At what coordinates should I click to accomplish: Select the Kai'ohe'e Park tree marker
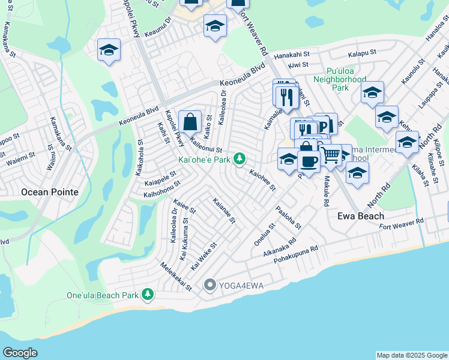[x=240, y=159]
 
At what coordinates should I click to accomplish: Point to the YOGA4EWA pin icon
[x=209, y=284]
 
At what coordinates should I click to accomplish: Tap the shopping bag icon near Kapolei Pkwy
[x=190, y=122]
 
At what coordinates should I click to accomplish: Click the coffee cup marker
[x=309, y=162]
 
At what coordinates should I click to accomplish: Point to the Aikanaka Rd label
[x=280, y=247]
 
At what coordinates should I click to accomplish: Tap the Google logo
[x=20, y=353]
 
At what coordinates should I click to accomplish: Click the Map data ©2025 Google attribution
[x=411, y=355]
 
